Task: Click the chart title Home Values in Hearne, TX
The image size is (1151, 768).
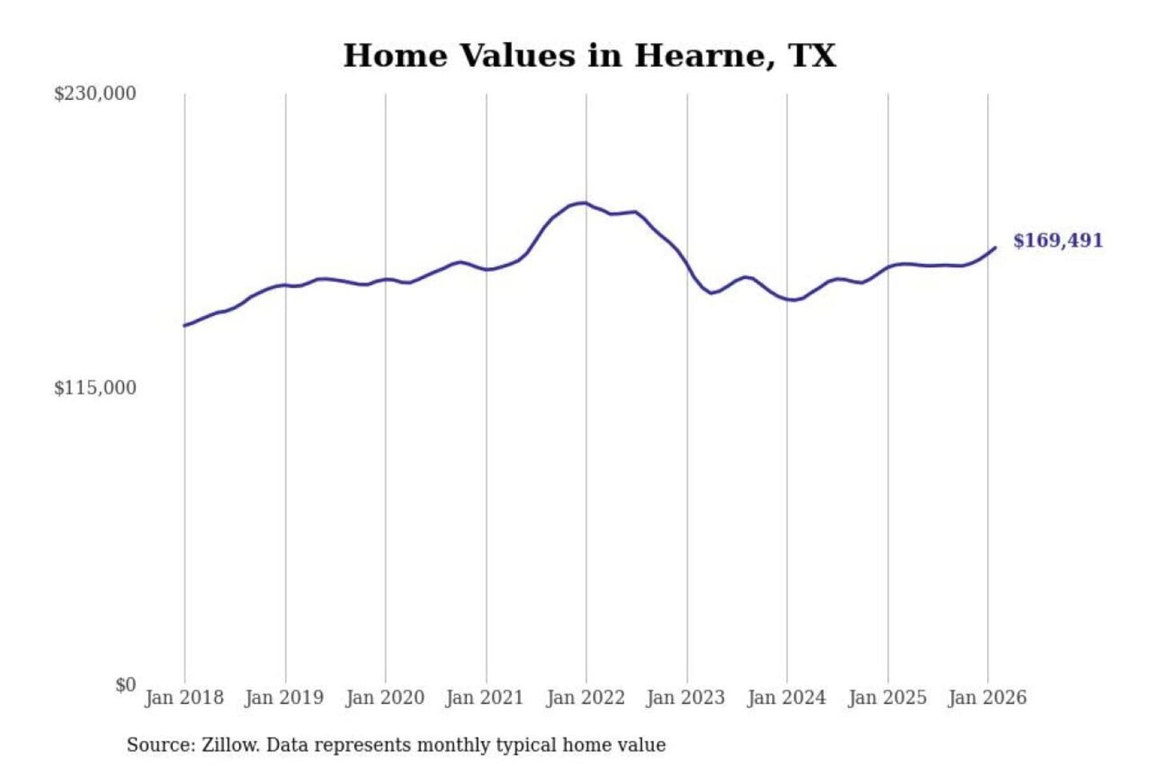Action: click(590, 56)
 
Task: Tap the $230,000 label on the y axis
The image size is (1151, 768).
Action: click(95, 94)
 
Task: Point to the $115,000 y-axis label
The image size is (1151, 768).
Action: click(95, 388)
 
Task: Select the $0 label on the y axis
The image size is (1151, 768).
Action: click(125, 685)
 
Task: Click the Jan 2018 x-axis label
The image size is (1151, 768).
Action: click(184, 698)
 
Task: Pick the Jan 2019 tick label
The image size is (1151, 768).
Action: click(285, 698)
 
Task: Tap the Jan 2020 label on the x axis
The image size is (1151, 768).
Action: click(384, 698)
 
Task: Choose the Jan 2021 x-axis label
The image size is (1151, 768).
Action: click(484, 698)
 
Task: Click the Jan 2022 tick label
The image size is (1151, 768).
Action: click(585, 698)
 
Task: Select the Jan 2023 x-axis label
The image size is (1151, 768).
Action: click(686, 698)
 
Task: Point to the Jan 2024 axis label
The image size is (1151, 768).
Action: click(787, 698)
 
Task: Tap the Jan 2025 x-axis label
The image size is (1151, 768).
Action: click(887, 698)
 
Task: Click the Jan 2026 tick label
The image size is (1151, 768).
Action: click(987, 698)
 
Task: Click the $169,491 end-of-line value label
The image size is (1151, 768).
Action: click(1058, 241)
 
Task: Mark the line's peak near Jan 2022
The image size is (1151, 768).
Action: click(584, 203)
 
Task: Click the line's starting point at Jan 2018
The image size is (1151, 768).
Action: click(185, 326)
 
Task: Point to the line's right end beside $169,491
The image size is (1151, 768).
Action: click(995, 248)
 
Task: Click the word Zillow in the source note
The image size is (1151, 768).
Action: click(229, 746)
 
